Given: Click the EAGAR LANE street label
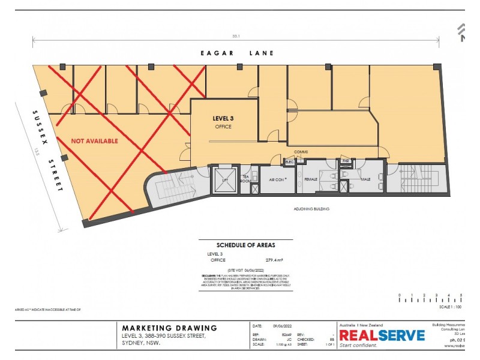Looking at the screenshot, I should point(237,53).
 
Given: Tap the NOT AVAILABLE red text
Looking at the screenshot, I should point(94,141).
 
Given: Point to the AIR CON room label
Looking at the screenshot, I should point(277,179).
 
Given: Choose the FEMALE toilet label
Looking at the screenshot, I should point(311,179).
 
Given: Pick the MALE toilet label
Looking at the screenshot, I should point(365,179).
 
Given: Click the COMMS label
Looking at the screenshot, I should point(301,152).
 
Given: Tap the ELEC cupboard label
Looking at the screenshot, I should point(289,162).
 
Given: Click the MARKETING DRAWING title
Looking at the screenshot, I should point(169,328).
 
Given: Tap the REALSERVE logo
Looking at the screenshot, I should point(382,335).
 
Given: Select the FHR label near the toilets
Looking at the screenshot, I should point(346,161).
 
